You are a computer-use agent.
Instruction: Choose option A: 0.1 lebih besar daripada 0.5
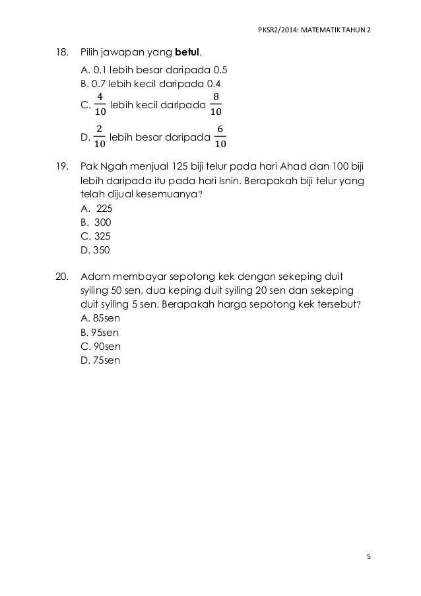point(154,69)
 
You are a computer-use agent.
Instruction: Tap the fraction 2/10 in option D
point(99,136)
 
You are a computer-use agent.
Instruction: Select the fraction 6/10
point(220,136)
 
